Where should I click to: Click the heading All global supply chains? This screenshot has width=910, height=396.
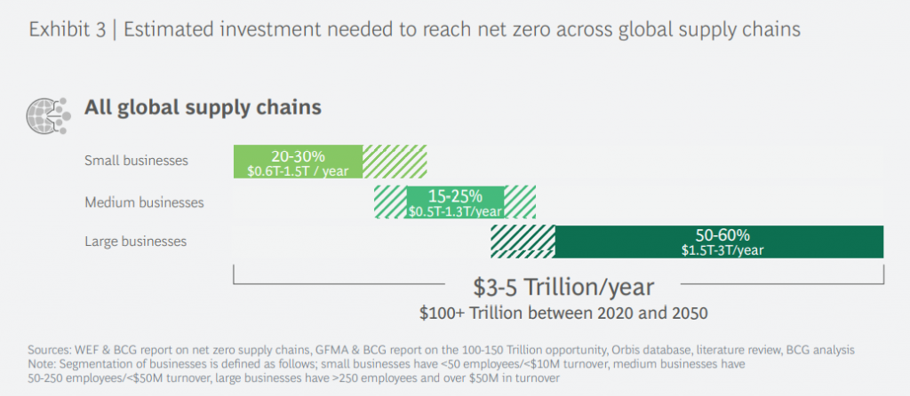pos(202,107)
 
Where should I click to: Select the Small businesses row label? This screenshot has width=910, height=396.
pos(136,161)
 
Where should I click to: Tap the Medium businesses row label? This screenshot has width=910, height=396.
pos(144,202)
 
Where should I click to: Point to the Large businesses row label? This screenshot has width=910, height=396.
pos(135,241)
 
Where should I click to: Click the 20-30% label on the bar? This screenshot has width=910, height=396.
pos(297,154)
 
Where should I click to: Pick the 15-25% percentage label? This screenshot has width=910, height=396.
pos(455,195)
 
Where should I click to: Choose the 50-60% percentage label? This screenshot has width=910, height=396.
pos(722,235)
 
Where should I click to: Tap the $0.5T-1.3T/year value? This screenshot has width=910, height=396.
pos(455,210)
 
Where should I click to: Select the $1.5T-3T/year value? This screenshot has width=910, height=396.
pos(722,249)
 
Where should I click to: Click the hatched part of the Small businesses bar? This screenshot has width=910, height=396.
pos(395,161)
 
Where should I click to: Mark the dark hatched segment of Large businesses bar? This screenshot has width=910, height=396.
pos(523,242)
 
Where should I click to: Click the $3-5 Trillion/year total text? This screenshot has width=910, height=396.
pos(563,288)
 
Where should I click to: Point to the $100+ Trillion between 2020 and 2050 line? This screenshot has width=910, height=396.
pos(563,313)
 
